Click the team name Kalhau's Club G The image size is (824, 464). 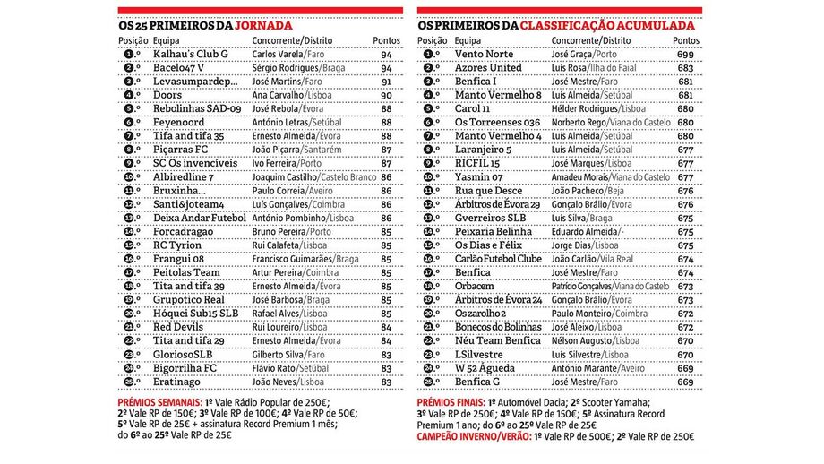191,55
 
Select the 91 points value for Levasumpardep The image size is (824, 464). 387,82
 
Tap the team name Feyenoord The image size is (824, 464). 180,122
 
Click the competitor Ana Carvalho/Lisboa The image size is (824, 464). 280,95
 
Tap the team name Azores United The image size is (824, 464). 488,68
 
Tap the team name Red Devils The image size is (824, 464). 178,327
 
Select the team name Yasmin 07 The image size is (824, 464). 480,176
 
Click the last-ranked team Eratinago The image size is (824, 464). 176,382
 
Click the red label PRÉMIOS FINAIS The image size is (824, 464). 451,402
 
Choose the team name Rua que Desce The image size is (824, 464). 488,190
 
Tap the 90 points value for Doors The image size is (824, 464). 387,95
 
